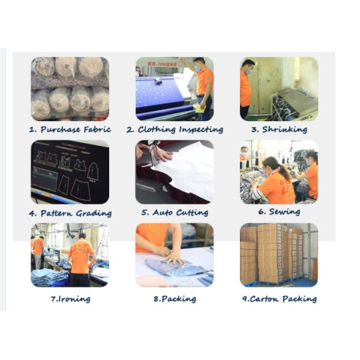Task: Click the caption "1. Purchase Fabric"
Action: pyautogui.click(x=70, y=130)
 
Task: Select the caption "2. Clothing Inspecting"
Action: pyautogui.click(x=175, y=130)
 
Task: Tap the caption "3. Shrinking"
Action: pyautogui.click(x=279, y=130)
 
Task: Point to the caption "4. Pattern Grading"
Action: pyautogui.click(x=70, y=213)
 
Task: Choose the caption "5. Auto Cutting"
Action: pyautogui.click(x=175, y=212)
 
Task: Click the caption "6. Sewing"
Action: pyautogui.click(x=279, y=211)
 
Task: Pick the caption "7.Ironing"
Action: pyautogui.click(x=70, y=299)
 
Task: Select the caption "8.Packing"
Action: pyautogui.click(x=175, y=299)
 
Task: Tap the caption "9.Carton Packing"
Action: pyautogui.click(x=280, y=299)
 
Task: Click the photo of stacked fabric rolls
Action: pyautogui.click(x=70, y=89)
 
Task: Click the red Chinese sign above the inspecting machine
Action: pyautogui.click(x=163, y=64)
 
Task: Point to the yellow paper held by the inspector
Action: pyautogui.click(x=200, y=108)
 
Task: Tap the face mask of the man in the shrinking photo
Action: pyautogui.click(x=250, y=71)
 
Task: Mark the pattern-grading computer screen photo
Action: pyautogui.click(x=70, y=172)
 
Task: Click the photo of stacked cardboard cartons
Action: pyautogui.click(x=279, y=255)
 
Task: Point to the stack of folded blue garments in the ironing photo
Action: pyautogui.click(x=49, y=277)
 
